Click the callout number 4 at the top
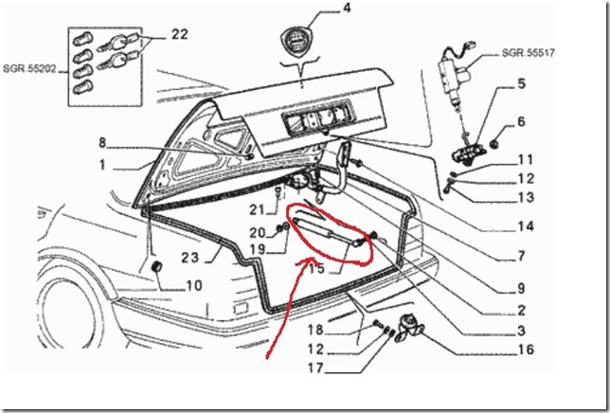click(319, 10)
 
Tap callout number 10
click(193, 284)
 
